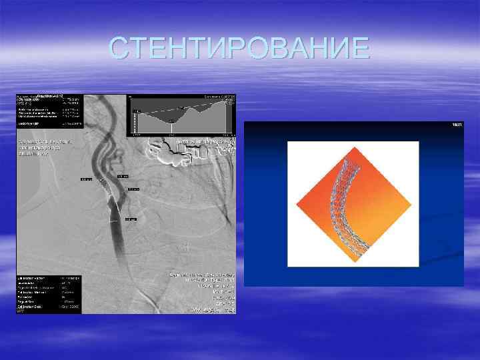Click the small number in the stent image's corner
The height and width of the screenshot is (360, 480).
(457, 125)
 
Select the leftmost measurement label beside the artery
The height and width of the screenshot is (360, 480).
(87, 179)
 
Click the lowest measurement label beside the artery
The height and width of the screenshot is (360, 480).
(130, 218)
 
